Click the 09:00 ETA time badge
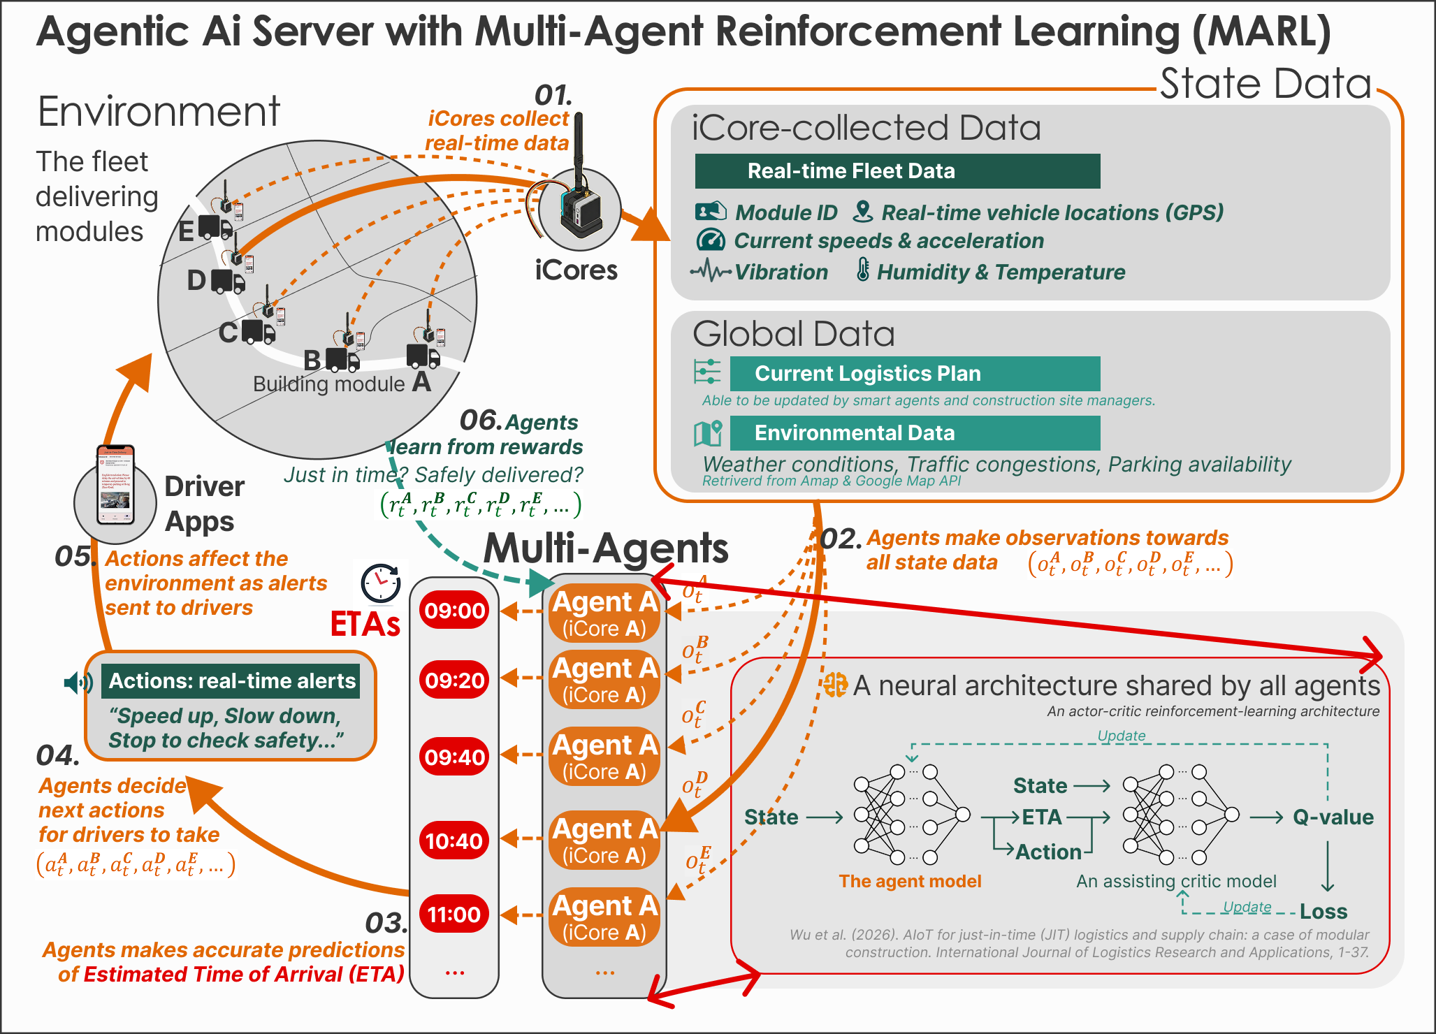(x=454, y=611)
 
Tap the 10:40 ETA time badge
(x=454, y=840)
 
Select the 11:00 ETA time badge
(x=454, y=914)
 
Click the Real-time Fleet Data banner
(x=897, y=171)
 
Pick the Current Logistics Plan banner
(x=914, y=374)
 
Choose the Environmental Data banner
(x=914, y=433)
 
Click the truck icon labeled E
(x=215, y=227)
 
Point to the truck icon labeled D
(x=228, y=282)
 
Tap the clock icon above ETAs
(x=381, y=583)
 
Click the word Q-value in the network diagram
(x=1333, y=817)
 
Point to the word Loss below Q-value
(x=1323, y=912)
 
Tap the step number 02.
(x=840, y=539)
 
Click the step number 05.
(x=73, y=557)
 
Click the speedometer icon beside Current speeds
(x=711, y=240)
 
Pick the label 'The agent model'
(x=910, y=882)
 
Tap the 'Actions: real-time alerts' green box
(x=231, y=681)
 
